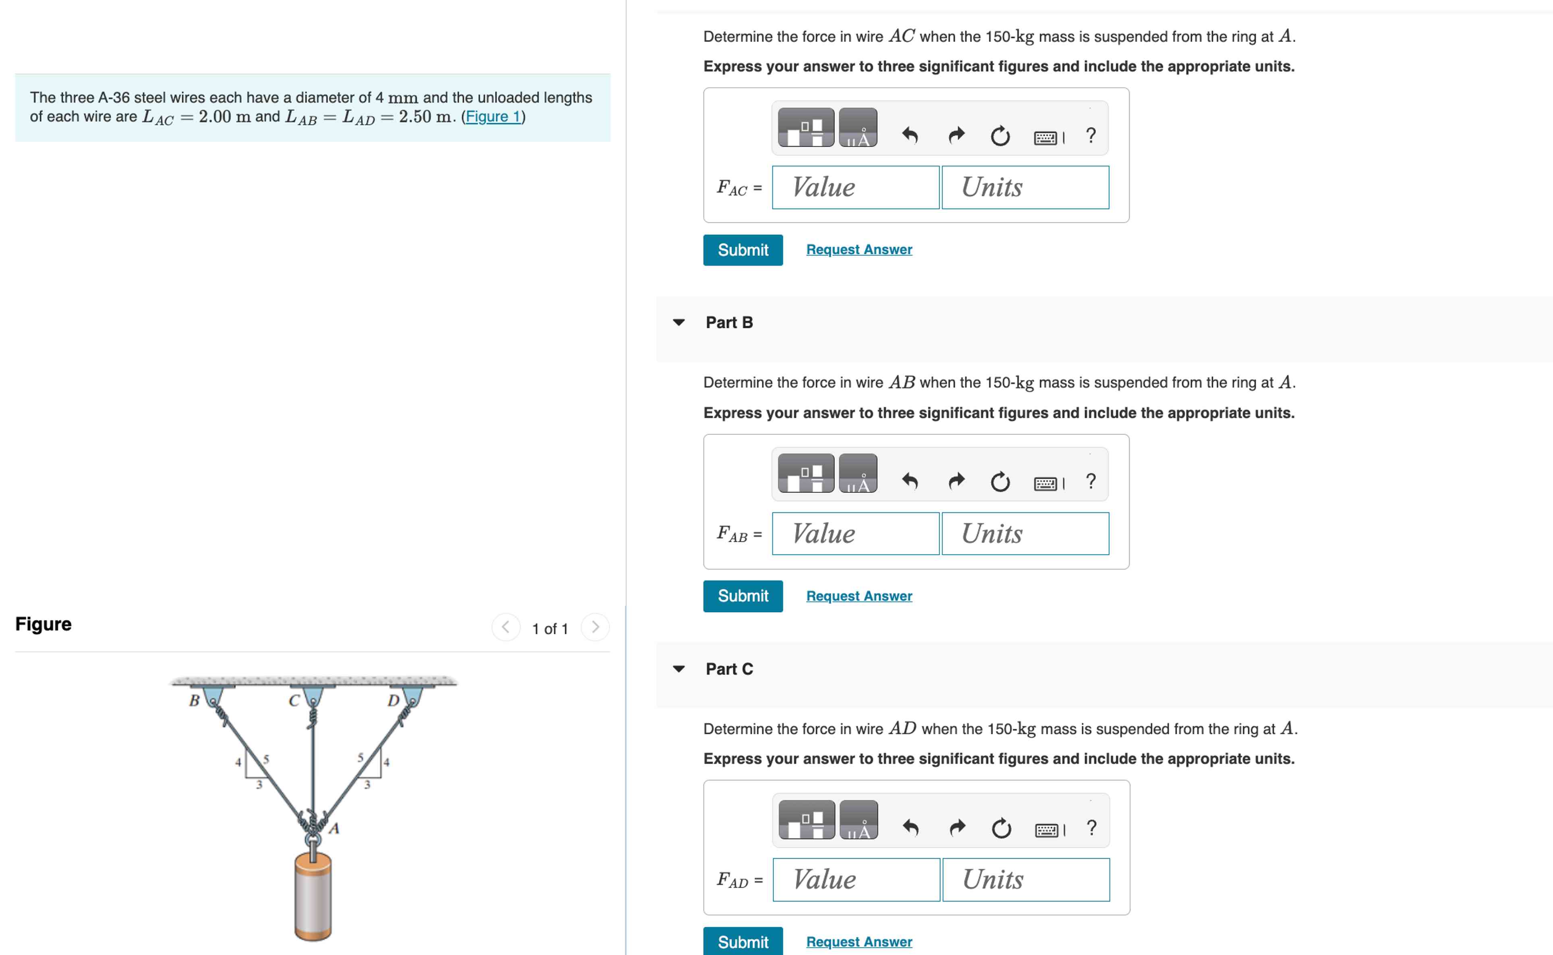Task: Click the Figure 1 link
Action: pyautogui.click(x=493, y=117)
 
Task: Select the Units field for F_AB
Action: pyautogui.click(x=1024, y=534)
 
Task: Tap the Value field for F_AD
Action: pyautogui.click(x=855, y=879)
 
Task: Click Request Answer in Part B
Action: pyautogui.click(x=858, y=596)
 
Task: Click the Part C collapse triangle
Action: pyautogui.click(x=678, y=669)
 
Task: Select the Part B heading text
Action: pyautogui.click(x=729, y=323)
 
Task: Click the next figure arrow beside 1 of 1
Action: pyautogui.click(x=594, y=627)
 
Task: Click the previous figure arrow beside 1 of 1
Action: pyautogui.click(x=505, y=627)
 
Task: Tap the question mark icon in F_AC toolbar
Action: pyautogui.click(x=1090, y=135)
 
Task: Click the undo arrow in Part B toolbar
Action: pyautogui.click(x=910, y=481)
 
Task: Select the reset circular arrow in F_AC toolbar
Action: pyautogui.click(x=1000, y=135)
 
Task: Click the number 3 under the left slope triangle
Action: pyautogui.click(x=258, y=785)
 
